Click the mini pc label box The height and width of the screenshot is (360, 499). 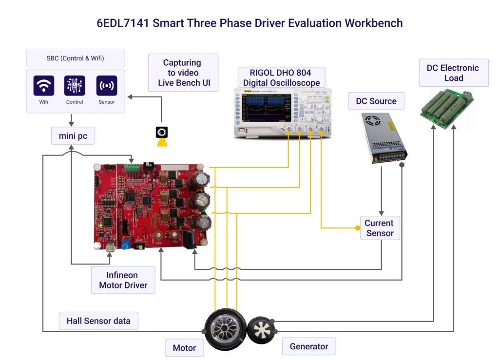click(73, 136)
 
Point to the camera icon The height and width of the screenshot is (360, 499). click(162, 132)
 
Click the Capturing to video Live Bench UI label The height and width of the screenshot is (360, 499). click(182, 73)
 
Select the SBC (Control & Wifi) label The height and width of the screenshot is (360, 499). click(76, 58)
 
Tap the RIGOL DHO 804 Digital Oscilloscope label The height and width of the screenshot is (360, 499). click(282, 77)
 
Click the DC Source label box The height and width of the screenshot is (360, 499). click(376, 101)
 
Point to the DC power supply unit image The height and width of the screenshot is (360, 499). click(384, 137)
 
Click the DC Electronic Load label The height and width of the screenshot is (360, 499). click(453, 73)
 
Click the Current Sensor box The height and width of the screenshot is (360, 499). click(379, 228)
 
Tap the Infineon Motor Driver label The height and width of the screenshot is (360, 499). click(123, 280)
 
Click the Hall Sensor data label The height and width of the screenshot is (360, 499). click(98, 321)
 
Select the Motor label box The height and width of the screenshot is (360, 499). click(184, 348)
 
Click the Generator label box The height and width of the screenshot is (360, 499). click(309, 346)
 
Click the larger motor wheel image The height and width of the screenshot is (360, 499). click(225, 329)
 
